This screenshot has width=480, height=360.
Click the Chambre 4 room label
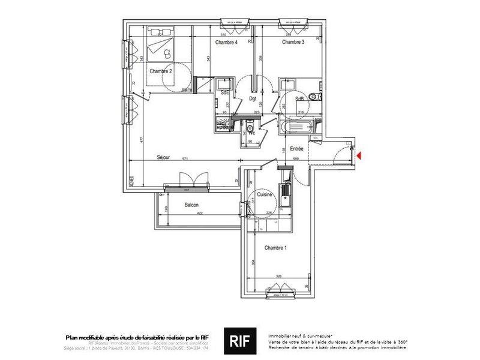[227, 43]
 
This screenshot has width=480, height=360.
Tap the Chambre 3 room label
[293, 43]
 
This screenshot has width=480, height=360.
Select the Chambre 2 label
[161, 71]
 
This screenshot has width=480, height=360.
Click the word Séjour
[164, 158]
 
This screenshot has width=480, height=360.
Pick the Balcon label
[192, 205]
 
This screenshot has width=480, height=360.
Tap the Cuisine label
[265, 195]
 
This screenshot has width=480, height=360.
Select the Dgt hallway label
[253, 99]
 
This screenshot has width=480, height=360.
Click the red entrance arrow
[359, 156]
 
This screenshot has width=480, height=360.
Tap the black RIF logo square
[239, 340]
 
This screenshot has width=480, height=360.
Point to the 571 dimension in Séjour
[185, 159]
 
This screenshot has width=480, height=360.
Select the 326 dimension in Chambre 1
[278, 277]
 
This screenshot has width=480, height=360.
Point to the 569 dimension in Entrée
[296, 159]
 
